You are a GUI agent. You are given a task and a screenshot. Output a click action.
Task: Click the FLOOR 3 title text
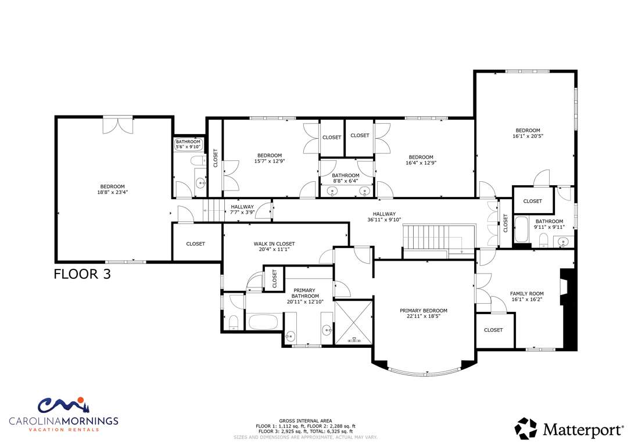[82, 274]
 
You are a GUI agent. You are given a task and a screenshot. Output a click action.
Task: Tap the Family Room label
[527, 294]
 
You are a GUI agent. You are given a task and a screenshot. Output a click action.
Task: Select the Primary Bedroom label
[424, 311]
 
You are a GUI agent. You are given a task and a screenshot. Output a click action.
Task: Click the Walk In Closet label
[274, 244]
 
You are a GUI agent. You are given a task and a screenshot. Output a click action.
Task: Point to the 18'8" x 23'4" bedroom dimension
[113, 192]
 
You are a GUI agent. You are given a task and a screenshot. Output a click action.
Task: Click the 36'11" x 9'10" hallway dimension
[384, 220]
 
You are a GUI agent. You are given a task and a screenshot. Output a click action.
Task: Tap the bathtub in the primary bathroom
[263, 322]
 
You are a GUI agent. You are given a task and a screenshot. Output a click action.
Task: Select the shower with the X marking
[354, 322]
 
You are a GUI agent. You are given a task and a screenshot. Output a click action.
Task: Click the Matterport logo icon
[526, 429]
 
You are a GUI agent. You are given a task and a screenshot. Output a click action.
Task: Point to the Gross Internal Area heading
[306, 420]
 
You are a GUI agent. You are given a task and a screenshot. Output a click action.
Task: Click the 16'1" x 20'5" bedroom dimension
[528, 136]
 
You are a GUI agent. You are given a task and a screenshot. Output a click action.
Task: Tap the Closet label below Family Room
[493, 330]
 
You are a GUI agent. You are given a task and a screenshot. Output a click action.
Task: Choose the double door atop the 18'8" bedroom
[117, 125]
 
